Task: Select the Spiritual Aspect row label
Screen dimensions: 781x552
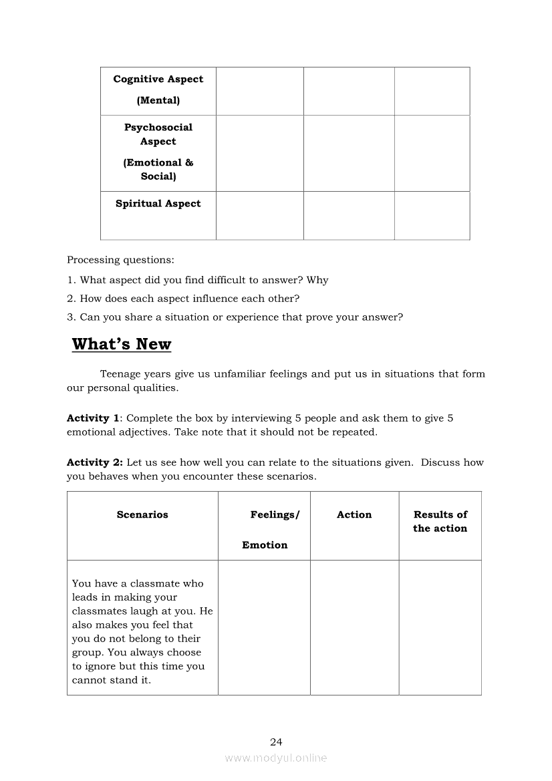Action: [x=158, y=204]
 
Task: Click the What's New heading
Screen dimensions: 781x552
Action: [x=122, y=344]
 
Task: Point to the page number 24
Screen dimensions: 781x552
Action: [x=276, y=742]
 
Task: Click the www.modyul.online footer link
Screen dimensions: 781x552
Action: [x=276, y=758]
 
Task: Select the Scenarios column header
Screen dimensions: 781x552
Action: [x=142, y=514]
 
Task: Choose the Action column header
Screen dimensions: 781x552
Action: [x=354, y=514]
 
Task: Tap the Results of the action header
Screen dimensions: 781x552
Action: [x=440, y=521]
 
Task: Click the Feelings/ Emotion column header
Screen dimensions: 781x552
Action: [x=265, y=529]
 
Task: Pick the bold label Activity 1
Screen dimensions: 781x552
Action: [x=88, y=418]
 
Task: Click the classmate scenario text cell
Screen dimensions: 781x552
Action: [x=142, y=631]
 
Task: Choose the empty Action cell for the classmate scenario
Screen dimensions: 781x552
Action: [x=354, y=627]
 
